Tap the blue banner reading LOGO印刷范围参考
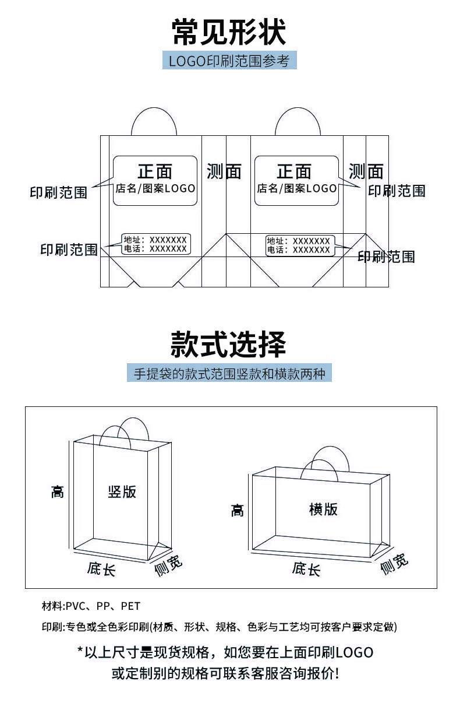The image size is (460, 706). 229,61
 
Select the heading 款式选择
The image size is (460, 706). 229,343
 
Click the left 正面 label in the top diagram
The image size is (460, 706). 155,171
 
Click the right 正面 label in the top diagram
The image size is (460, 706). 294,171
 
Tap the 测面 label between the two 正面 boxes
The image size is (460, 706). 224,171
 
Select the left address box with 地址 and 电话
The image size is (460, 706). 155,244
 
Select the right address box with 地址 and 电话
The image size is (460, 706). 299,245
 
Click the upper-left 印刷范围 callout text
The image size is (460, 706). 58,192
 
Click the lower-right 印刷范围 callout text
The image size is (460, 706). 386,257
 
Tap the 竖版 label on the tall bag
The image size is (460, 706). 122,491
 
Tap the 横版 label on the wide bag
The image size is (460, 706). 323,509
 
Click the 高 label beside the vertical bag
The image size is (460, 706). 57,491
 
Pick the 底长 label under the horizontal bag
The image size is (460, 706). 306,569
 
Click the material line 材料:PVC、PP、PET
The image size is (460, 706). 91,606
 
